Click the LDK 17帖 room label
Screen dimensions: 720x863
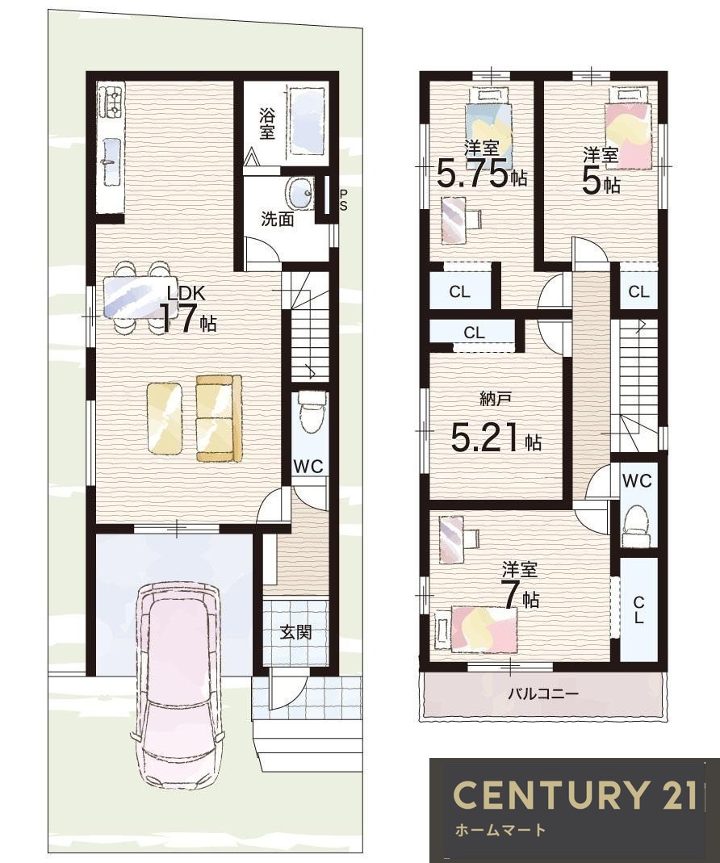click(187, 312)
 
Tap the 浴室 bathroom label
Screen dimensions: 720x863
click(267, 124)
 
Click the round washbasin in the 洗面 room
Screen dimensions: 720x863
click(299, 193)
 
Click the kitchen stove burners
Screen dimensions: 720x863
click(111, 103)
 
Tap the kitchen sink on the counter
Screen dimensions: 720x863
click(111, 161)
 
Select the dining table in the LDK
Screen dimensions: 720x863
click(136, 296)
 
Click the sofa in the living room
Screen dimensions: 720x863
click(219, 418)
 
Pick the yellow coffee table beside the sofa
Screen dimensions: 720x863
click(165, 417)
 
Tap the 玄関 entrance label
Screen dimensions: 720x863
click(296, 632)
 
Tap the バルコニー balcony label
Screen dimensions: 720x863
click(542, 693)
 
